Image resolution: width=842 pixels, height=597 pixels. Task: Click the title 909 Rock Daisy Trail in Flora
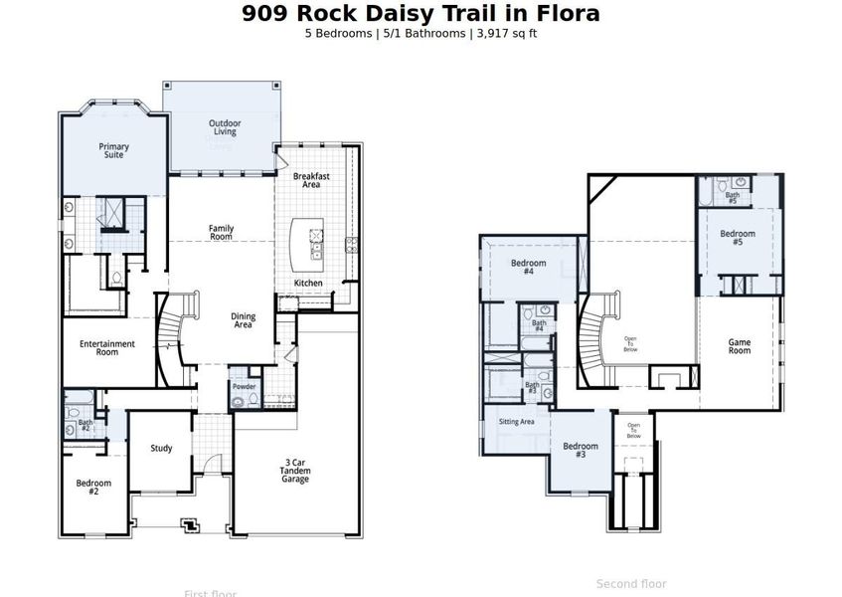coord(421,13)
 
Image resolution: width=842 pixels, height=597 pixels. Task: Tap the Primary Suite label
coord(113,150)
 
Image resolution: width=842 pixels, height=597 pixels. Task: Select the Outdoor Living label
coord(224,127)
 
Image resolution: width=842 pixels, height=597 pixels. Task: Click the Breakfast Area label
coord(311,180)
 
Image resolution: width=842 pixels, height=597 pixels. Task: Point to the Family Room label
coord(221,233)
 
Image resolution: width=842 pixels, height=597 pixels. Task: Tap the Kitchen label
coord(308,284)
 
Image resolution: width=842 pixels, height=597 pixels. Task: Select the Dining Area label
coord(243,320)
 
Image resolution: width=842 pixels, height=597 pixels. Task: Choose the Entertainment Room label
coord(107,348)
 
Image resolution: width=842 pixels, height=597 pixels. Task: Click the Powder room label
coord(244,386)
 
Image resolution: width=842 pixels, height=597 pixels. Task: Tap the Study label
coord(161,449)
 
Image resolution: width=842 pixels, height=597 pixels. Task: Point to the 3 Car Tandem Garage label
coord(295,471)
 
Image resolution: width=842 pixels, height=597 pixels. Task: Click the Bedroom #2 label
coord(93,487)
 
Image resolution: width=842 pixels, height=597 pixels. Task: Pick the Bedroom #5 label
coord(738,238)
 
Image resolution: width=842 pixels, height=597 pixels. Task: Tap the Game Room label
coord(739,346)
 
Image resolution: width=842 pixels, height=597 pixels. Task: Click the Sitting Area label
coord(516,422)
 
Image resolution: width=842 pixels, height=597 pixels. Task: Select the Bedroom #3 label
coord(581,451)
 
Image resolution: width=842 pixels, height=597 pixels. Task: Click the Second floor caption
coord(631,584)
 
